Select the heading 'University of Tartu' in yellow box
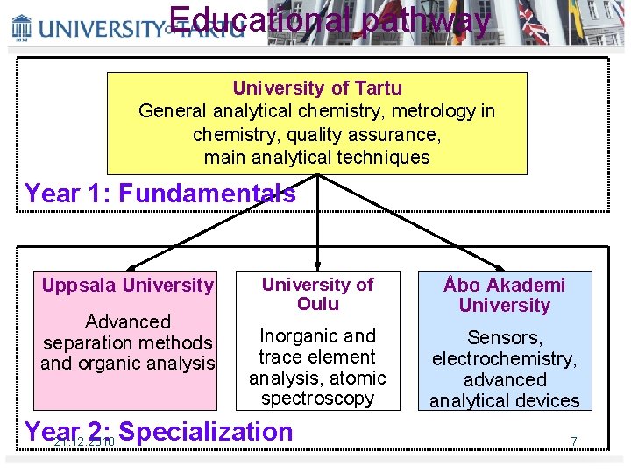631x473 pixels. [x=317, y=88]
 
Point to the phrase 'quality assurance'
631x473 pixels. [x=367, y=135]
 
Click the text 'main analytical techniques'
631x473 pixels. [x=317, y=158]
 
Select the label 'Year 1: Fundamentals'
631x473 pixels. [x=160, y=193]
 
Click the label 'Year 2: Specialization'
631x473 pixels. [x=160, y=432]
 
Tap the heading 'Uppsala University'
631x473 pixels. [x=128, y=285]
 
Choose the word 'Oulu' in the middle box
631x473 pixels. [x=317, y=304]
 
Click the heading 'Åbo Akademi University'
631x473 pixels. [x=504, y=295]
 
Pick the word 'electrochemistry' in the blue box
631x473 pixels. [x=504, y=358]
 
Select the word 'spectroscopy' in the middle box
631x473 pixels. [x=317, y=399]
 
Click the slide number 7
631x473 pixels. [x=574, y=441]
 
